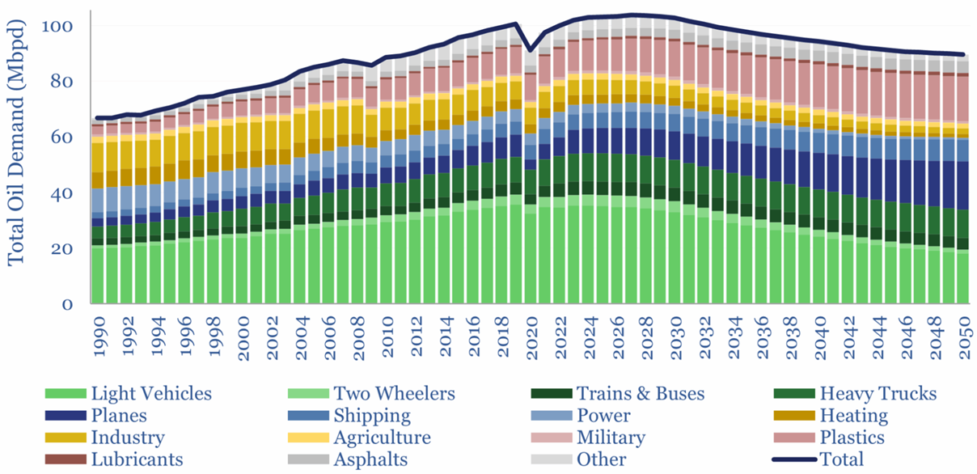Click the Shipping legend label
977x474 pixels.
point(371,416)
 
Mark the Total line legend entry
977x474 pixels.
point(841,459)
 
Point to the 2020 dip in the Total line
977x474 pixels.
point(530,50)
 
